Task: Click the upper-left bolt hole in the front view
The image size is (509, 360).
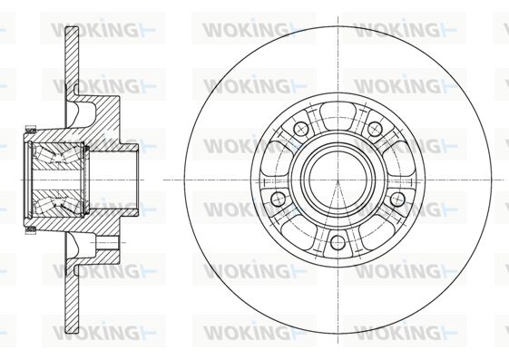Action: coord(300,129)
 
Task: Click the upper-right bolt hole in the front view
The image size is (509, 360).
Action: coord(375,129)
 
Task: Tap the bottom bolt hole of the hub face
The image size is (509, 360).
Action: coord(338,243)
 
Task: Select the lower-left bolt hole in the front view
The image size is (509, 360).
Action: coord(278,199)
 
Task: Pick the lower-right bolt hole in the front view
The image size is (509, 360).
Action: coord(397,199)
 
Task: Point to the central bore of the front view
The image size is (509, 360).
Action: coord(338,180)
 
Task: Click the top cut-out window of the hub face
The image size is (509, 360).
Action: coord(338,112)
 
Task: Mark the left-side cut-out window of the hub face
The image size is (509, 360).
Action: coord(274,158)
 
